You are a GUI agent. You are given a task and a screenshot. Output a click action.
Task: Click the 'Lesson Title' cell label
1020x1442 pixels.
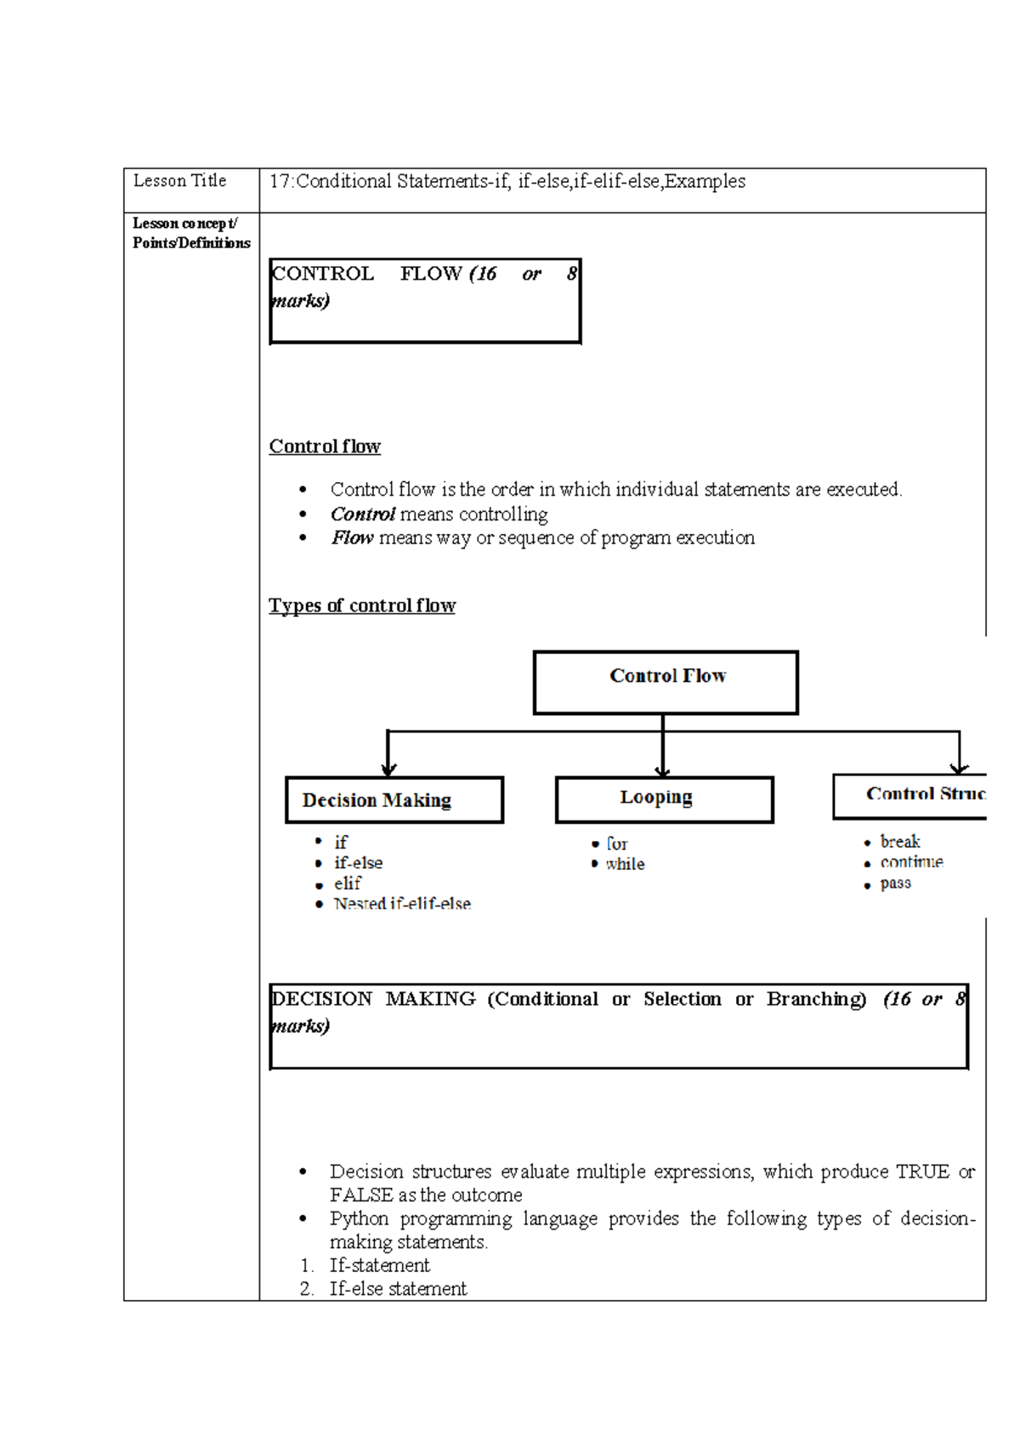click(x=179, y=181)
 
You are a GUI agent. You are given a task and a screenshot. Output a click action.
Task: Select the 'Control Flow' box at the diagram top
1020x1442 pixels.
click(x=666, y=682)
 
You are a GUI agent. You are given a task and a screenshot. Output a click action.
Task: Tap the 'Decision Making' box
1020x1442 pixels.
click(x=394, y=799)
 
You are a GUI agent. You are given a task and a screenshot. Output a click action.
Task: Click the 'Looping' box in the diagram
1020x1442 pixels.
click(x=664, y=798)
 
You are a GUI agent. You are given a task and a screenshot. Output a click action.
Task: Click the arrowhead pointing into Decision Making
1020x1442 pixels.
click(x=388, y=769)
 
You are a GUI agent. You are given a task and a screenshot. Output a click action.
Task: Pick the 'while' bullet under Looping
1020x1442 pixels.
click(x=625, y=864)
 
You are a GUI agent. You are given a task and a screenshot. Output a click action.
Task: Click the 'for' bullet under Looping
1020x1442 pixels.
click(x=616, y=843)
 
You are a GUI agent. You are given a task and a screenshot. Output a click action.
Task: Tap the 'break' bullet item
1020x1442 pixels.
click(x=899, y=842)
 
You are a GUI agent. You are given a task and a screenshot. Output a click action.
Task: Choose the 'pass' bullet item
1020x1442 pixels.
click(x=895, y=883)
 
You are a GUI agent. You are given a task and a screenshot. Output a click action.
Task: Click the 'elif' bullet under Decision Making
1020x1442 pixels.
click(x=347, y=883)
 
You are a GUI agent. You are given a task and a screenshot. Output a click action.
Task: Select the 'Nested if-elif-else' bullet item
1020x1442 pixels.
click(x=401, y=904)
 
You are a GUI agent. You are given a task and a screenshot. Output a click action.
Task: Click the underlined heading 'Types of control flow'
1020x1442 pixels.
click(x=362, y=605)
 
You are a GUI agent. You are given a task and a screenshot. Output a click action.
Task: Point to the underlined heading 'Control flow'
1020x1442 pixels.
click(x=325, y=446)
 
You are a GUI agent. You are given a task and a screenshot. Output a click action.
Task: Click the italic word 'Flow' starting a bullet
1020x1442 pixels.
click(x=352, y=537)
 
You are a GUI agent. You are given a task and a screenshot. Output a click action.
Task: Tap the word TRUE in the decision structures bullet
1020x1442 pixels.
click(x=922, y=1172)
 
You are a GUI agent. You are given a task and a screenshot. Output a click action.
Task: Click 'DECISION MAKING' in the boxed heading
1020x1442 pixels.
click(x=373, y=999)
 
